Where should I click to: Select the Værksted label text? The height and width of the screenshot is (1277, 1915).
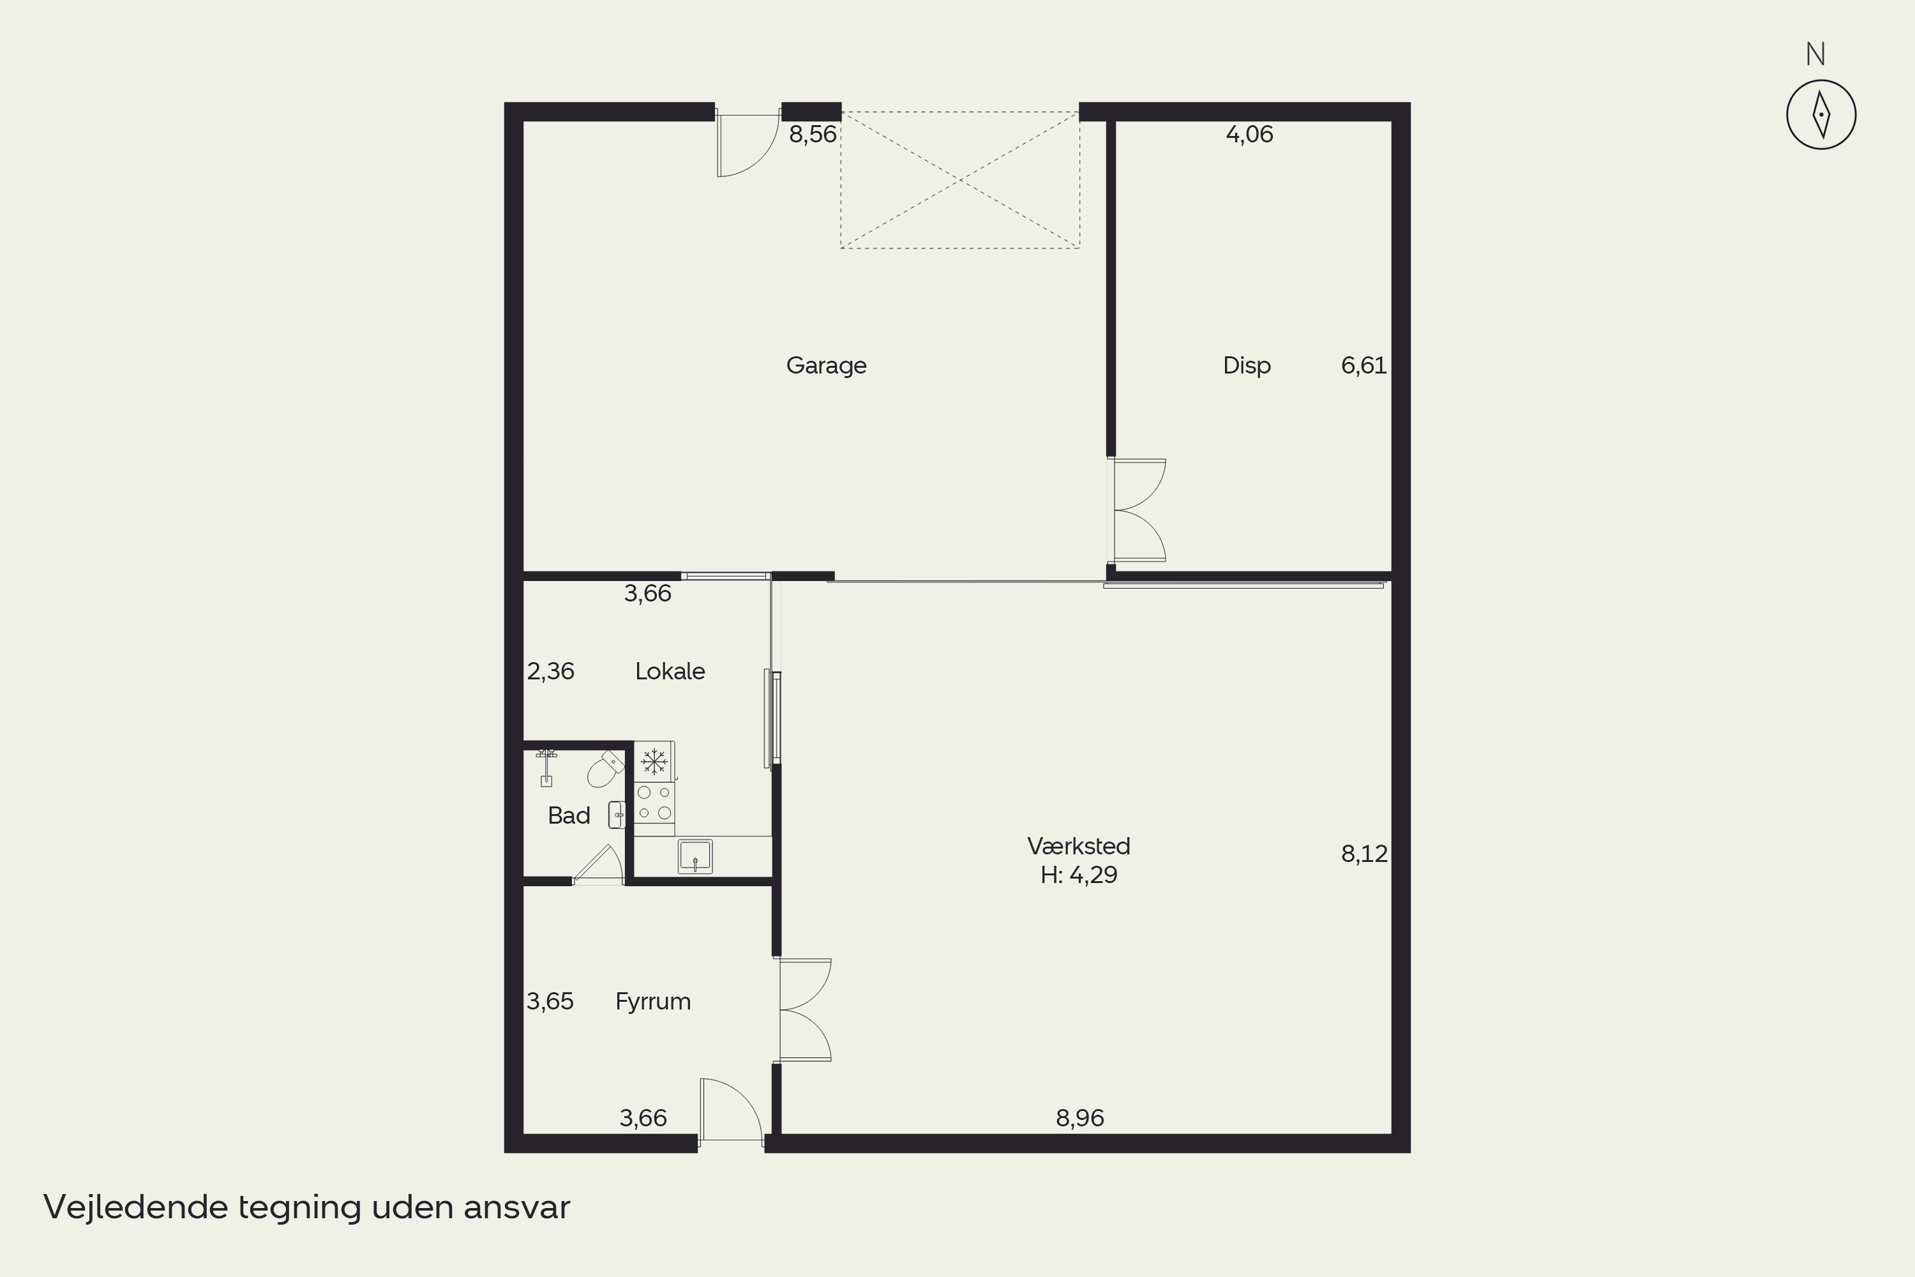click(1079, 846)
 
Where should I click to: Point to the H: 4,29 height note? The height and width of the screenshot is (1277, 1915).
click(1079, 875)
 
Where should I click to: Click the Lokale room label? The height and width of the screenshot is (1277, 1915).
click(670, 671)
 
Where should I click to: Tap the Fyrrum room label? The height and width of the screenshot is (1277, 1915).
click(653, 1001)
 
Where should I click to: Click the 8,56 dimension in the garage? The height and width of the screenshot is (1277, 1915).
click(813, 134)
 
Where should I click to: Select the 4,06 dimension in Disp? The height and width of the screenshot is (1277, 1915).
click(1249, 134)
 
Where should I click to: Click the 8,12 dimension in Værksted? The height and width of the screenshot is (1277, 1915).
click(1365, 854)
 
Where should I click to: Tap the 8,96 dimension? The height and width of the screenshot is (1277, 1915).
click(1079, 1118)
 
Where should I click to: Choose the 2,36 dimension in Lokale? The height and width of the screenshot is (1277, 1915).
click(550, 671)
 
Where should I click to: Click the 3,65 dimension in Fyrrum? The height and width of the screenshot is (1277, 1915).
click(550, 1001)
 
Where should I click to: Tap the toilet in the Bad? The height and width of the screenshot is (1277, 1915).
click(605, 769)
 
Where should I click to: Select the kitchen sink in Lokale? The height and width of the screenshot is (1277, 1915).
click(695, 857)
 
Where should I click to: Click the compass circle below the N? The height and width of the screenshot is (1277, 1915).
click(1821, 80)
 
